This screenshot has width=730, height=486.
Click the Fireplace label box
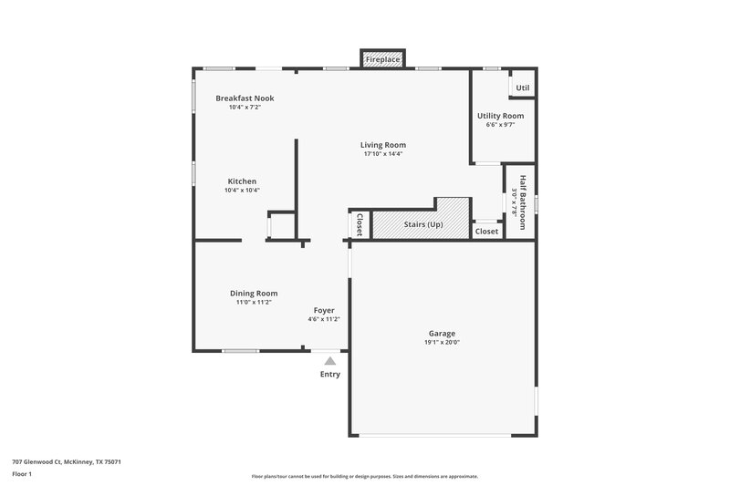(x=382, y=60)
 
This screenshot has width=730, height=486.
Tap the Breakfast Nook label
(x=245, y=98)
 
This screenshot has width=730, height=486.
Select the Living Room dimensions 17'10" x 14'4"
(x=382, y=154)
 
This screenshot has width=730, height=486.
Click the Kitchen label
(x=242, y=181)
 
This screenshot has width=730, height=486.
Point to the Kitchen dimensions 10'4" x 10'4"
(x=242, y=191)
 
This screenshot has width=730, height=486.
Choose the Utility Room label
(x=500, y=116)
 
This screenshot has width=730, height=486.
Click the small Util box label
(x=522, y=88)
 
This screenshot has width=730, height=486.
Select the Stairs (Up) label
(x=423, y=224)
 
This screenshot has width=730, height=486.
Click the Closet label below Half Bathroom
(x=487, y=232)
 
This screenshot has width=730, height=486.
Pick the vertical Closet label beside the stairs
(x=360, y=224)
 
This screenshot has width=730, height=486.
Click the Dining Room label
(x=254, y=293)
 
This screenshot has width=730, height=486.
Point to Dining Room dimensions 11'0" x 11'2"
(x=254, y=302)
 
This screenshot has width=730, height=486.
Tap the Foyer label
(x=324, y=310)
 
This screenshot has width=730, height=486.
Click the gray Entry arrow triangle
(x=330, y=362)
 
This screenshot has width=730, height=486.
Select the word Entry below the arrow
(x=330, y=375)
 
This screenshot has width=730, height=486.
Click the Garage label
(x=442, y=333)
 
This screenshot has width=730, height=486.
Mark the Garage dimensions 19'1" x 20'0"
(x=442, y=343)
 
